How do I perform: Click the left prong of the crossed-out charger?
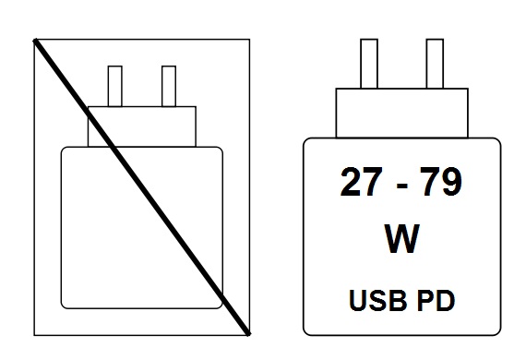click(116, 86)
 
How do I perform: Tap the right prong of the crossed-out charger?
click(168, 86)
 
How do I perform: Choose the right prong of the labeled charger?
click(435, 63)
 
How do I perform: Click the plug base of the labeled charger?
click(400, 112)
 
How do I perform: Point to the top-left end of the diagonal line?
click(36, 40)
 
